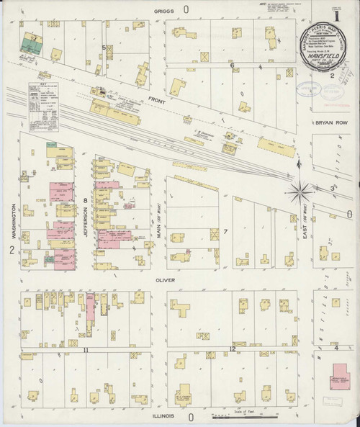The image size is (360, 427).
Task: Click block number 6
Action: (232, 66)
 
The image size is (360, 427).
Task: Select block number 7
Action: (225, 231)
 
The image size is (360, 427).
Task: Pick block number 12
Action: (232, 349)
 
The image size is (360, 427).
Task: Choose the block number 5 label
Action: (104, 48)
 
